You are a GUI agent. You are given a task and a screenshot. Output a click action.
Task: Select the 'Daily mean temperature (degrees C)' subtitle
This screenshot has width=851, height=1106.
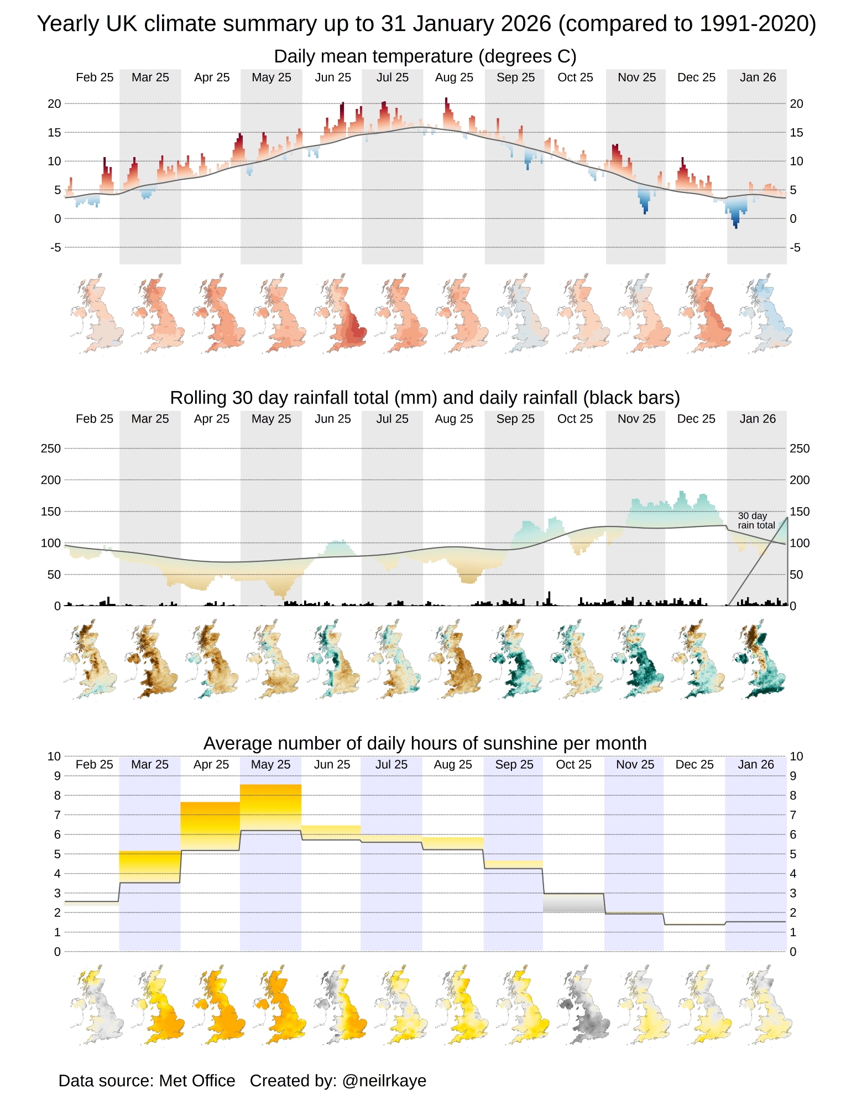tap(425, 56)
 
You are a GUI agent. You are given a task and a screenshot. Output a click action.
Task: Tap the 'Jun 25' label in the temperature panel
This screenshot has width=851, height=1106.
tap(333, 77)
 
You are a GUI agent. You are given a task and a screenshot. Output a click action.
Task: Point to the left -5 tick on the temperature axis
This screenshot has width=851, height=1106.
tap(55, 248)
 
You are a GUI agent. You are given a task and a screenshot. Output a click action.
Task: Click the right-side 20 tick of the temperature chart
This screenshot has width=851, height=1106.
tap(796, 104)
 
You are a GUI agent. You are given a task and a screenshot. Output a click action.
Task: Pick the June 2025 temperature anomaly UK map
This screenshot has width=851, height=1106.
tap(341, 314)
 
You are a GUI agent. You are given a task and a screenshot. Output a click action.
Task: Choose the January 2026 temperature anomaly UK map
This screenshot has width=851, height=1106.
tap(766, 314)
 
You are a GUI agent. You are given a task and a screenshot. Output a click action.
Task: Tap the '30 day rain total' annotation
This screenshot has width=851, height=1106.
tap(756, 520)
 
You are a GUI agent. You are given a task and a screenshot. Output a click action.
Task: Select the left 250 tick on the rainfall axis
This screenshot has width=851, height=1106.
tap(51, 448)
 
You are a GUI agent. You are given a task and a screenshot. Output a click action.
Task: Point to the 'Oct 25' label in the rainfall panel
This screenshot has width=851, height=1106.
tap(575, 419)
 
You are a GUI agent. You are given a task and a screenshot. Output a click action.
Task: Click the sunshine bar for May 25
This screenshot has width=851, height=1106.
tap(270, 807)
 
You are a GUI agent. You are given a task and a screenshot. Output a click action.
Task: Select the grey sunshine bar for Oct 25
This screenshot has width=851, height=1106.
tap(573, 902)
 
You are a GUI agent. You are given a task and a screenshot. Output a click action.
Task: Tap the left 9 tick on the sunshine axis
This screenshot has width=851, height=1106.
tap(57, 776)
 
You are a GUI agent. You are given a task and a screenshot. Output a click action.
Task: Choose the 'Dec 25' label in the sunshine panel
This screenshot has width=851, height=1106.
tap(695, 765)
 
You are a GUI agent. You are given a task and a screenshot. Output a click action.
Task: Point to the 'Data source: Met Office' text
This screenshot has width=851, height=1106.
tap(147, 1081)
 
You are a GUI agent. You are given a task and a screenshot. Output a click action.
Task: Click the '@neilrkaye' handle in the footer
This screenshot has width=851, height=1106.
tap(384, 1081)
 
